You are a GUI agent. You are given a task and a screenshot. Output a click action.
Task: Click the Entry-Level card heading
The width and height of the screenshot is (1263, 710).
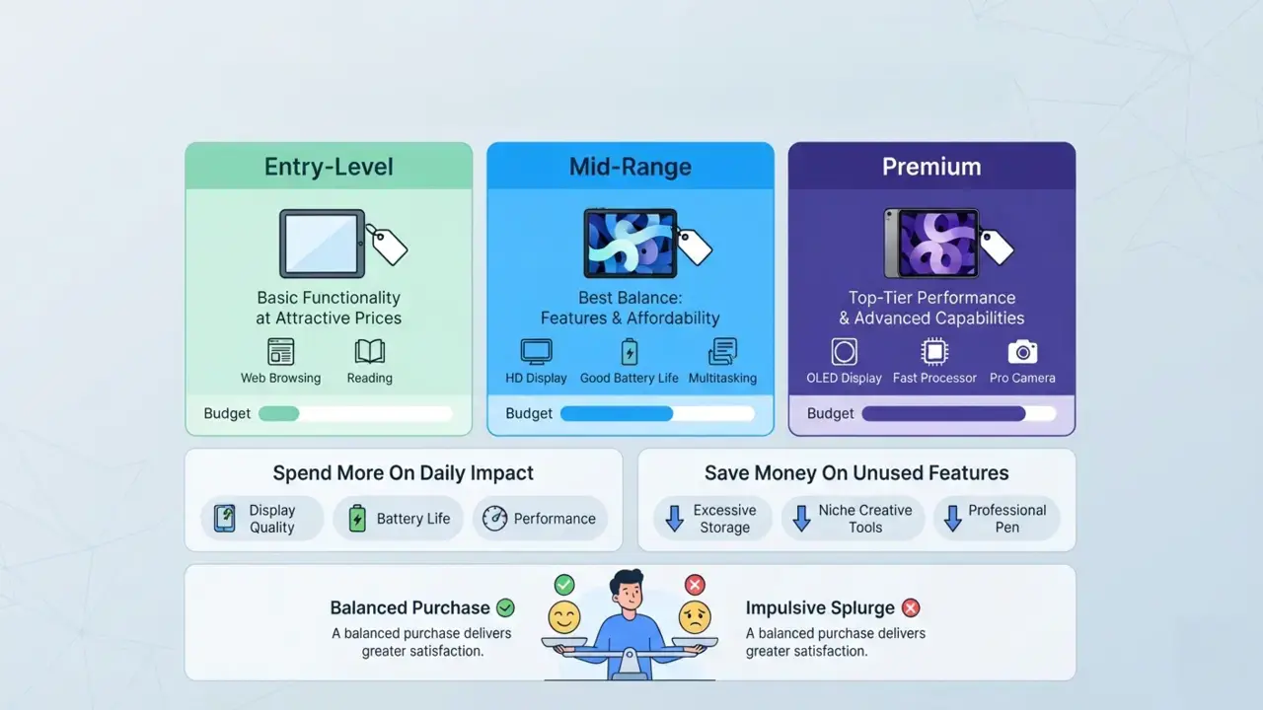point(329,167)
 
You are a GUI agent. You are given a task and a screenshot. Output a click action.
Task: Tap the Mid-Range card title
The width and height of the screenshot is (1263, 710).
point(630,167)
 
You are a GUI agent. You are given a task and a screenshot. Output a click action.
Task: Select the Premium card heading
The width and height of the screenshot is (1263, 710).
point(931,167)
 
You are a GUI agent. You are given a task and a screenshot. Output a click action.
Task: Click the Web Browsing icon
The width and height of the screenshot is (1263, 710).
point(280,352)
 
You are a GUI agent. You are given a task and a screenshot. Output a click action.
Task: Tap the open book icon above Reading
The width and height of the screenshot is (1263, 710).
point(370,352)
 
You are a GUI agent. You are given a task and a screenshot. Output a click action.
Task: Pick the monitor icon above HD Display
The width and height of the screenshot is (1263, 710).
point(536,352)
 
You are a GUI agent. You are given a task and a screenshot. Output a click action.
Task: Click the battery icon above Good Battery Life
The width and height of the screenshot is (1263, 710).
point(630,352)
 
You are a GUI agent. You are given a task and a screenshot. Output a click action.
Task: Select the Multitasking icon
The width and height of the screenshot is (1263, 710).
point(722,352)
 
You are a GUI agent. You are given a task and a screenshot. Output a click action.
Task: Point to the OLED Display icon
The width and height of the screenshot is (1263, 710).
point(844,352)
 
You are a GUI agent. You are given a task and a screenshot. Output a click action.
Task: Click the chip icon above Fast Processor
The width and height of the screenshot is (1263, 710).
point(934,352)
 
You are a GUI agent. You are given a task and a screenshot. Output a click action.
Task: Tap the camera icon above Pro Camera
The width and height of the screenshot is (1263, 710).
point(1022,352)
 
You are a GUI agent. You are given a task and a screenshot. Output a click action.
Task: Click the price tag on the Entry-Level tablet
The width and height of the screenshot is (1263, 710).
point(388,245)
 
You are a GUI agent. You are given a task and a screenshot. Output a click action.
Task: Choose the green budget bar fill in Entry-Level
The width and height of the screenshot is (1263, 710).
point(278,413)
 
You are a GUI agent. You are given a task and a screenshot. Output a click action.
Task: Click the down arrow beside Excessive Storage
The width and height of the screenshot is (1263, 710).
point(674,519)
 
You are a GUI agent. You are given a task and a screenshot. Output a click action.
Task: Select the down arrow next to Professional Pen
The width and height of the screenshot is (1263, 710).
point(952,519)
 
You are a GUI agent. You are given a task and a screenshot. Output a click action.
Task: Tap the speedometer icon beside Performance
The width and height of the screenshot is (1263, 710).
point(494,519)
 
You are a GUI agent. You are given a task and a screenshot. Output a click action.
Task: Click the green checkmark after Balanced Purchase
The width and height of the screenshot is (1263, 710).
point(505,608)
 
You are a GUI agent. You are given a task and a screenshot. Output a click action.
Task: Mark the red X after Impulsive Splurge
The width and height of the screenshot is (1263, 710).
point(911,608)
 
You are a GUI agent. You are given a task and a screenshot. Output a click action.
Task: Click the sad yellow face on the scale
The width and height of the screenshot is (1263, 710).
point(695,617)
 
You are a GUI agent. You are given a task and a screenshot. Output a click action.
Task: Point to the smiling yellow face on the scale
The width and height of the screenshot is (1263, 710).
point(563,617)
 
